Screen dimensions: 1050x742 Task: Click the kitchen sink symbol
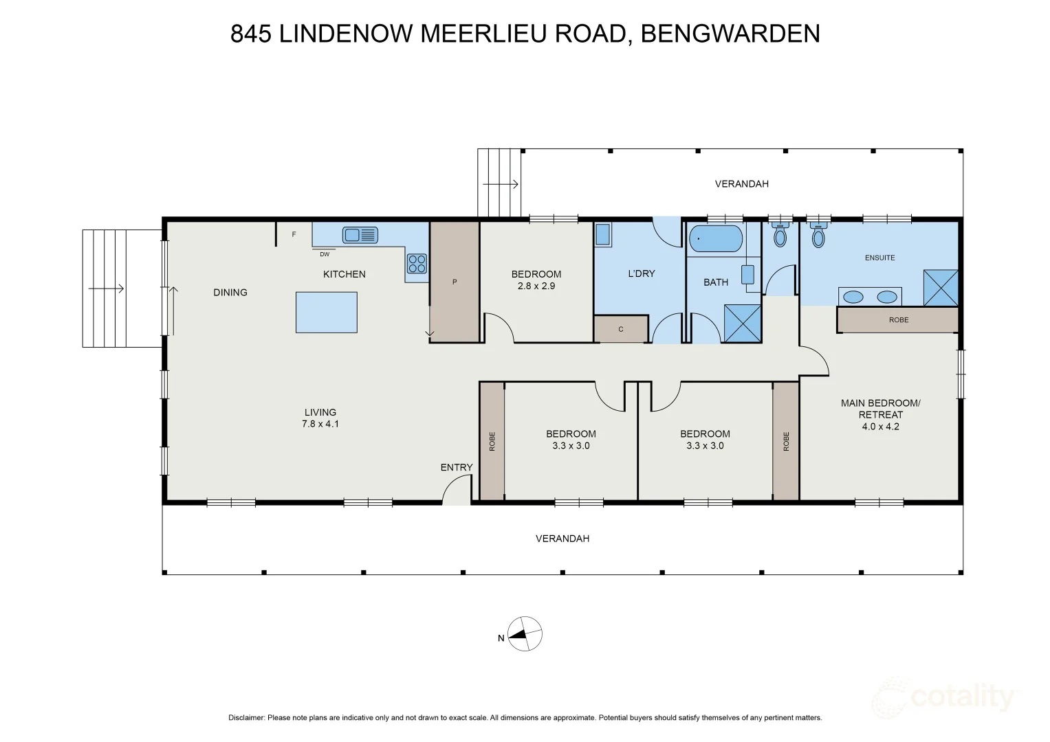(x=360, y=235)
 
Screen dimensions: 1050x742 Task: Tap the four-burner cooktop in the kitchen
(x=417, y=263)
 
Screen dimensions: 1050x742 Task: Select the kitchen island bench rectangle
(x=326, y=313)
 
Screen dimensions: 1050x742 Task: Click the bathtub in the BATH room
(x=716, y=239)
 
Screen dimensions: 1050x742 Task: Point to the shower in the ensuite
(x=941, y=288)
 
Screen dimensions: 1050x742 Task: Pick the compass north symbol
(x=525, y=633)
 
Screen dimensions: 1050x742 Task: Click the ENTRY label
(x=457, y=467)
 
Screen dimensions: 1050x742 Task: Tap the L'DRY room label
(x=642, y=273)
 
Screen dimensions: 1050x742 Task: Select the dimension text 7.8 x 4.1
(x=320, y=424)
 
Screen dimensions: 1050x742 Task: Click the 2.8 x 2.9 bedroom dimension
(x=536, y=286)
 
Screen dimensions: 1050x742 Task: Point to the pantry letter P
(x=455, y=282)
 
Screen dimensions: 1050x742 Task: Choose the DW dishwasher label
(x=325, y=254)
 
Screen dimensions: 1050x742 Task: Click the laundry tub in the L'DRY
(x=603, y=235)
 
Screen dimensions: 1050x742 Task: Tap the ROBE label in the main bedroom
(x=899, y=320)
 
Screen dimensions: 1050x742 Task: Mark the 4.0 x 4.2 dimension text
(x=880, y=426)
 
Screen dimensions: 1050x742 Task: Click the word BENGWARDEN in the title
(x=730, y=34)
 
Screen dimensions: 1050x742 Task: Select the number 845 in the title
(x=251, y=34)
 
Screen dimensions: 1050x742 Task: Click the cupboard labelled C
(x=621, y=329)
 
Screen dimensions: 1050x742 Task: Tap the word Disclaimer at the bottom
(x=247, y=717)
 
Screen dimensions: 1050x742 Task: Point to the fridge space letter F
(x=294, y=234)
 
